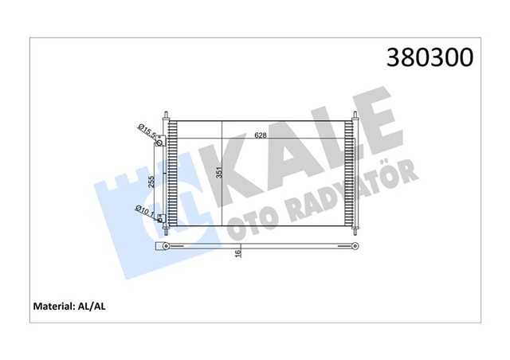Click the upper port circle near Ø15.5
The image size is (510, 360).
coord(162,143)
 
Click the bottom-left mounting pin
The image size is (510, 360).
coord(166,229)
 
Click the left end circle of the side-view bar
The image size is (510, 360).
coord(165,246)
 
